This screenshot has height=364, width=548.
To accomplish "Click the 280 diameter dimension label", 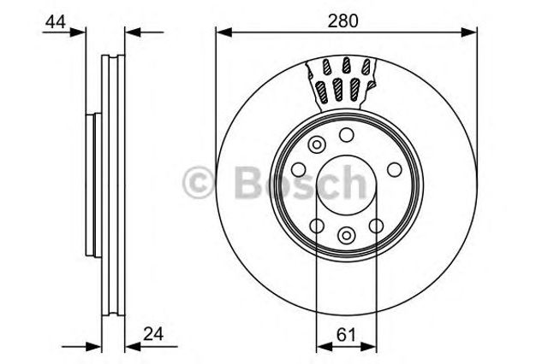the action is tap(342, 21).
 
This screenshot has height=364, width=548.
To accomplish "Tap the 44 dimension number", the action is tap(55, 22).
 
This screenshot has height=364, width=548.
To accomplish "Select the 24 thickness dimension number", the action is tap(153, 334).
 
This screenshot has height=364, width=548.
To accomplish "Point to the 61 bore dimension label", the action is tap(346, 335).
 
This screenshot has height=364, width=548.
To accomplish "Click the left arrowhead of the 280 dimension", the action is tap(224, 32).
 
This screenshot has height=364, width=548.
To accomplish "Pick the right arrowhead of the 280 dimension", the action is tap(469, 32).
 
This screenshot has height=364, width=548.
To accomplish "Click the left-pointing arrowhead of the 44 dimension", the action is tap(133, 32).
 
